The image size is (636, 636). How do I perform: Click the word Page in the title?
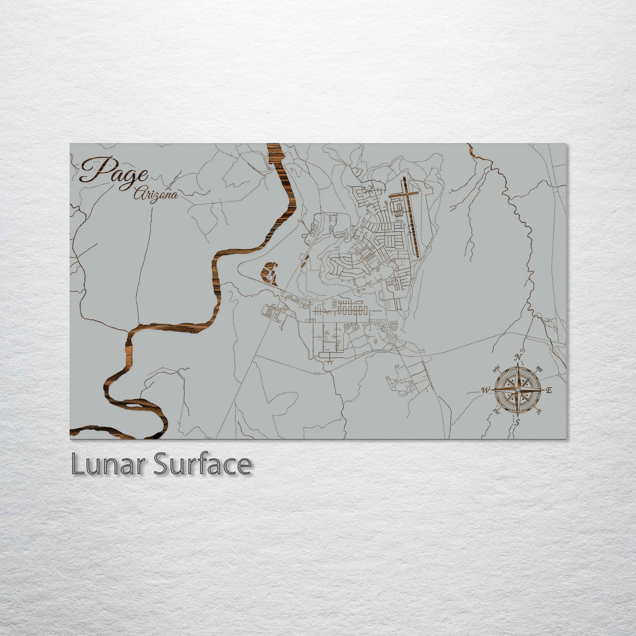[x=114, y=172]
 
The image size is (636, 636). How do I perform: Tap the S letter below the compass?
[x=518, y=423]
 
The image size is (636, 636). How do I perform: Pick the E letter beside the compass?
[x=548, y=390]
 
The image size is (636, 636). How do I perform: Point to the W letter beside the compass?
[x=486, y=390]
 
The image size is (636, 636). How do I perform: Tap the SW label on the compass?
[x=497, y=411]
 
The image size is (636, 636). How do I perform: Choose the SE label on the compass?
[x=539, y=412]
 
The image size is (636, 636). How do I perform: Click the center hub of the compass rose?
[x=518, y=390]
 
